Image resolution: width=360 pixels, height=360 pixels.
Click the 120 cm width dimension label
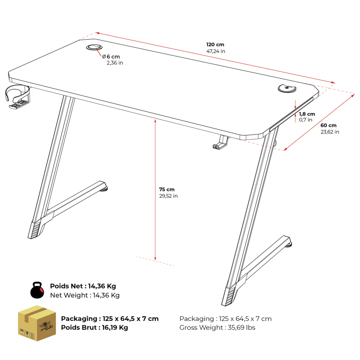click(215, 45)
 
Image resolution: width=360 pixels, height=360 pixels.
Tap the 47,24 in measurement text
click(216, 51)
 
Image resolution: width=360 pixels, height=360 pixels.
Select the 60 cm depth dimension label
click(328, 126)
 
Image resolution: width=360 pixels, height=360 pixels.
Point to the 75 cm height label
click(166, 189)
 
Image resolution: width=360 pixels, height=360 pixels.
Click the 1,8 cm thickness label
click(307, 114)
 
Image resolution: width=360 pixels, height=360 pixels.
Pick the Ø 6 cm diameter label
click(111, 57)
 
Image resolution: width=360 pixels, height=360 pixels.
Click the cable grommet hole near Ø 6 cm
click(94, 47)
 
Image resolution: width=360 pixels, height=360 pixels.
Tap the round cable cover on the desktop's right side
click(287, 88)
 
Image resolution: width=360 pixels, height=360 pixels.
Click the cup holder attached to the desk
click(18, 96)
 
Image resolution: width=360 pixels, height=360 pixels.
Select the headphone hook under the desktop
click(221, 143)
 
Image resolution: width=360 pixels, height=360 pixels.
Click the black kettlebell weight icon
click(37, 290)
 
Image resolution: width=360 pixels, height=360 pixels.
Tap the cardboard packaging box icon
click(37, 323)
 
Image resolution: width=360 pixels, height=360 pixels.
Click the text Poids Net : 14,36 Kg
click(83, 286)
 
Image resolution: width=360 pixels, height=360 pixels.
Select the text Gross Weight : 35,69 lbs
click(217, 328)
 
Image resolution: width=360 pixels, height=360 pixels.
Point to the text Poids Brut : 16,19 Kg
click(94, 328)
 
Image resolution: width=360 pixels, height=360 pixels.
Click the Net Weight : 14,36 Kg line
click(85, 295)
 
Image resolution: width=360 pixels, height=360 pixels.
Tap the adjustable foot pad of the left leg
click(104, 189)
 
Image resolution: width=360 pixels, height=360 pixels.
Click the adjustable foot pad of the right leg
click(288, 245)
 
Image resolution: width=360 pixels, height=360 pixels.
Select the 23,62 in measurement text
click(330, 132)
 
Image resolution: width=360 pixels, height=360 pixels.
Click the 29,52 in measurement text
click(168, 196)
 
